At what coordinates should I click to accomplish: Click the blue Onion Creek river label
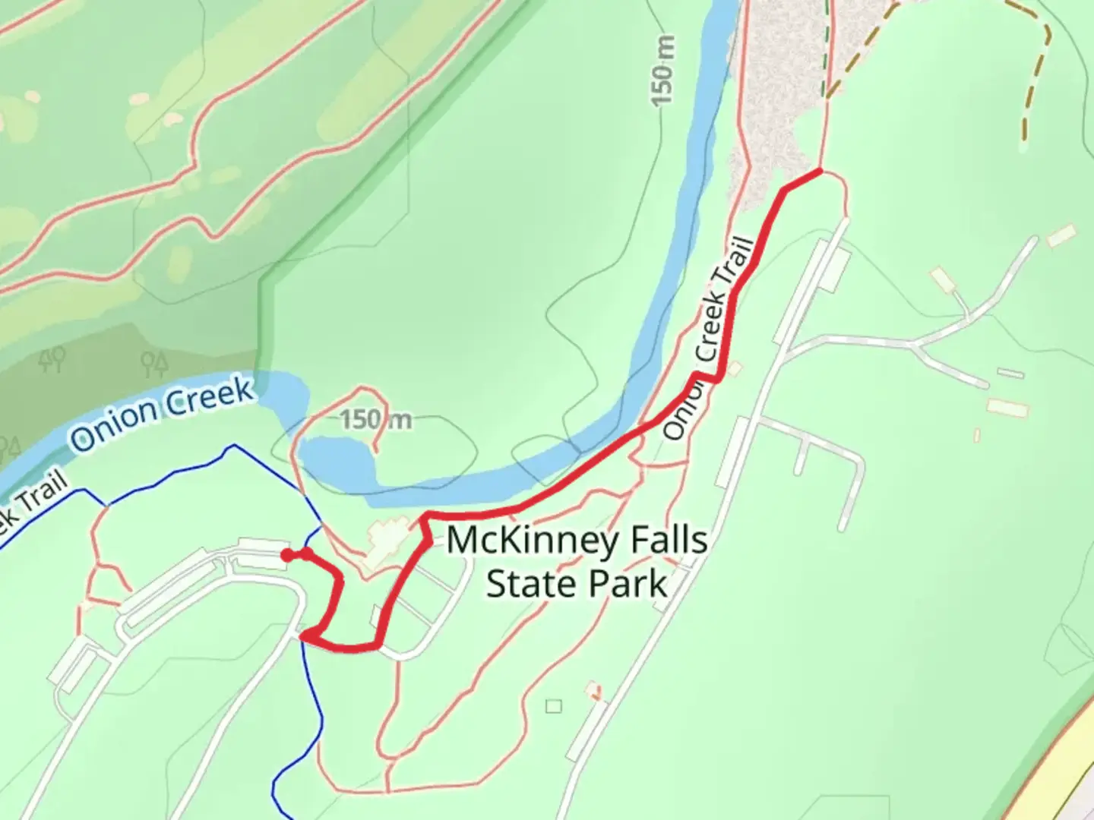(x=163, y=414)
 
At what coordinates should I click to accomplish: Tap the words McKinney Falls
(x=577, y=541)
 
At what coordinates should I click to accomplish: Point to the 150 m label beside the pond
(x=375, y=419)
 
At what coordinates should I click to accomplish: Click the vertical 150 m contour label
(x=662, y=70)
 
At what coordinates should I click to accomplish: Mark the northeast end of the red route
(x=820, y=172)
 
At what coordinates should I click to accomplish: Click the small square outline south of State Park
(x=554, y=706)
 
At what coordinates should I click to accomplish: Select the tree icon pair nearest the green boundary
(x=155, y=363)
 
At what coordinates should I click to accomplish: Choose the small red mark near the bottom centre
(x=593, y=690)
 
